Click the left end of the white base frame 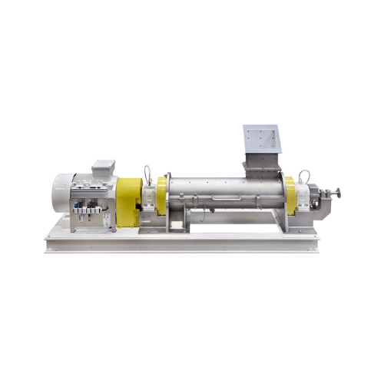tap(54, 242)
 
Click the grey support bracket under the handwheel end tap(323, 219)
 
